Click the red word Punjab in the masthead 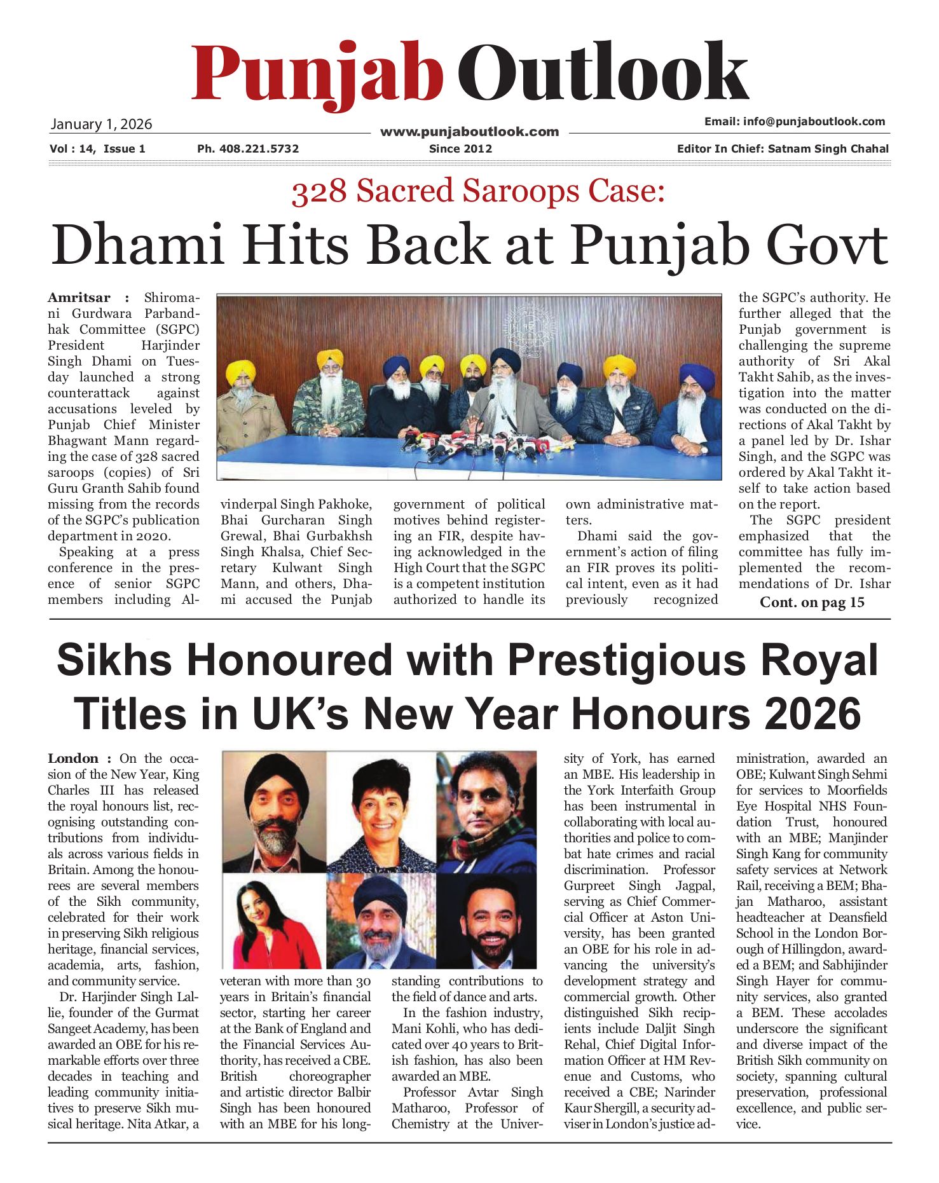point(316,75)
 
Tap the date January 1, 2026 point(101,124)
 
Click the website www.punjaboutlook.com point(469,132)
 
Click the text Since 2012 point(460,149)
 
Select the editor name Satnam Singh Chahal point(828,149)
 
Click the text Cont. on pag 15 point(812,602)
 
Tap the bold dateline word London point(73,758)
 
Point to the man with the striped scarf point(486,811)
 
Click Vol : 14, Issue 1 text point(97,149)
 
